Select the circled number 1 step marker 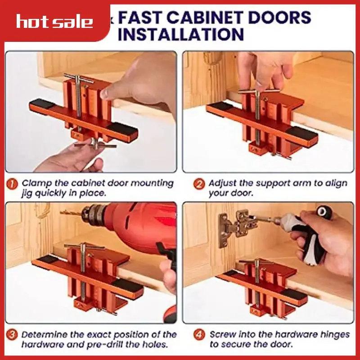click(x=13, y=184)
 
